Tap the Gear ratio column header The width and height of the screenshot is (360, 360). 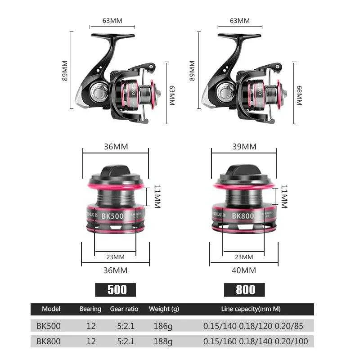pos(124,309)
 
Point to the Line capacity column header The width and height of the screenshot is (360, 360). pos(251,309)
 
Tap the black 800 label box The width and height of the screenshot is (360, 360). pos(244,289)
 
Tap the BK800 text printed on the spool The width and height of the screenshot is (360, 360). pos(243,216)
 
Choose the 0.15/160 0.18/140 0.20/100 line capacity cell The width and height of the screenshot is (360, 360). pos(256,342)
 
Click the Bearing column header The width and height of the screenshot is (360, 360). pos(90,309)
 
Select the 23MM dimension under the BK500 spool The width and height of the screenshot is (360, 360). pos(115,257)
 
